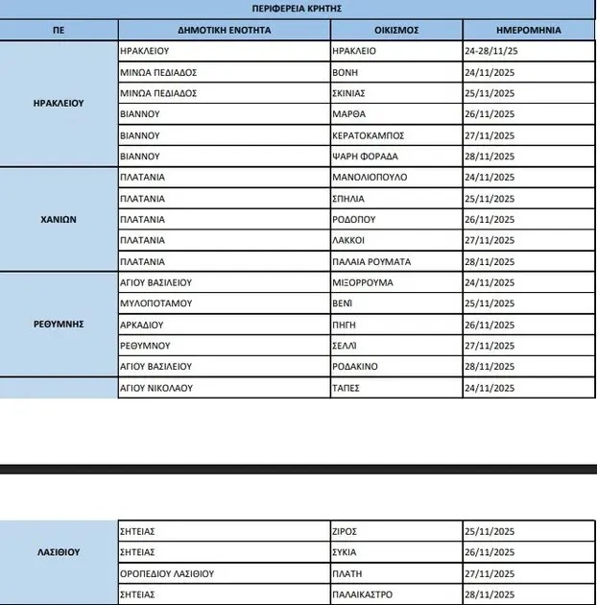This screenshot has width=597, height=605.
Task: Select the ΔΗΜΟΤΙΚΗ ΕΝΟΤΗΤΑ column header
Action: [224, 30]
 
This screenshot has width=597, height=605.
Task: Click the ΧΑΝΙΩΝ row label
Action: [60, 219]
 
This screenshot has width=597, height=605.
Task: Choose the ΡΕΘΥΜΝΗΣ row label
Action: [60, 324]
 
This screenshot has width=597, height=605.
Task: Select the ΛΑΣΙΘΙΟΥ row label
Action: [60, 552]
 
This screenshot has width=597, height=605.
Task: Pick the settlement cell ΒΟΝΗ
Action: [344, 72]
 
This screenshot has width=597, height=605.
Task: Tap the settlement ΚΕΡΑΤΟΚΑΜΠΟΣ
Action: [370, 135]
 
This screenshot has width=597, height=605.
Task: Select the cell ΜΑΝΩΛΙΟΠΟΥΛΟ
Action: [370, 178]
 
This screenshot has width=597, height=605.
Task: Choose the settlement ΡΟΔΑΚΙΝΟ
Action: [355, 367]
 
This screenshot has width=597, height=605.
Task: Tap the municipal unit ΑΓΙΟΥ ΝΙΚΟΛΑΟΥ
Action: [157, 388]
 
